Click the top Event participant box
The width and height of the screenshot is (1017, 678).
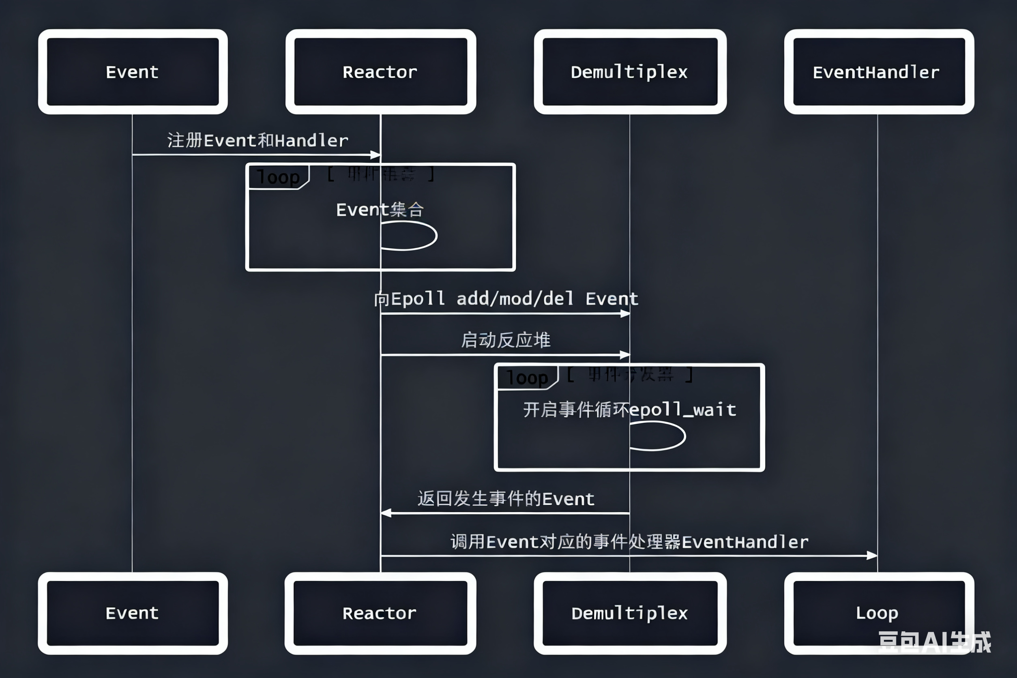coord(132,72)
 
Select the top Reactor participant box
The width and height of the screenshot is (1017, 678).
coord(380,72)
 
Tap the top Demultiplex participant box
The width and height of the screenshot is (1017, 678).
coord(630,72)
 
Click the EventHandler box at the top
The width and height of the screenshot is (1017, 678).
coord(878,72)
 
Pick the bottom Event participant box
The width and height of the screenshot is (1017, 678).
coord(132,613)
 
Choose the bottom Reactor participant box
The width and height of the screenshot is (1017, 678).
coord(380,613)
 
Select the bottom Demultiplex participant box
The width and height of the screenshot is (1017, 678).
coord(630,613)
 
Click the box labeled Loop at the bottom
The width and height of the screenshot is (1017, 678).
coord(878,613)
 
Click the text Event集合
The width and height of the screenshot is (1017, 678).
coord(380,210)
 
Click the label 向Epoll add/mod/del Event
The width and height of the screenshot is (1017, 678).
coord(506,299)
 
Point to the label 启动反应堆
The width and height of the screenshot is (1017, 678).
coord(506,340)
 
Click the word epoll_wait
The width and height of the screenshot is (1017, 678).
coord(683,410)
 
